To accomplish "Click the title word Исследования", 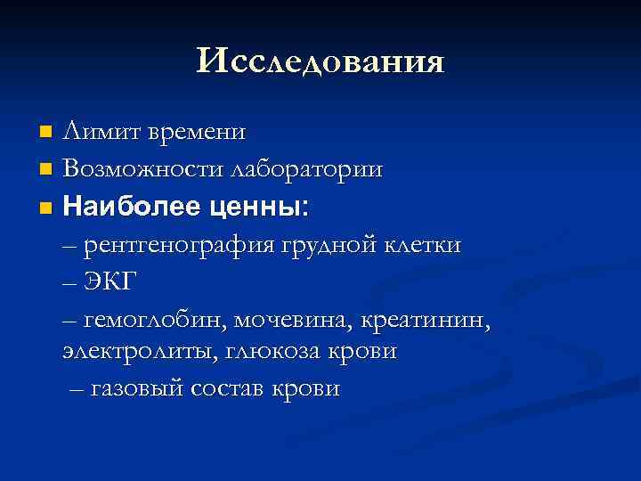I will point(320,61).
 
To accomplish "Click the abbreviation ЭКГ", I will point(110,282).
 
